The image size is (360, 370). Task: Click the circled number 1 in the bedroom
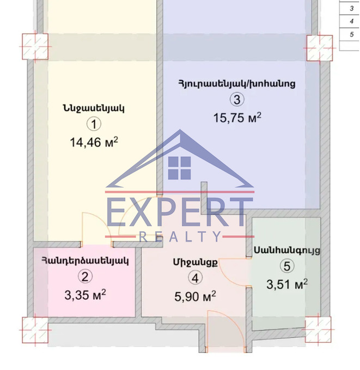[x=94, y=124]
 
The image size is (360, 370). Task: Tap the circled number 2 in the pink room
[x=85, y=276]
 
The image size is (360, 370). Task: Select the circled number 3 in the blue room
[x=237, y=100]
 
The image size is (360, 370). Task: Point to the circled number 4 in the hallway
[x=195, y=278]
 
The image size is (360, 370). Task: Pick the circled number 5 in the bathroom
[x=287, y=266]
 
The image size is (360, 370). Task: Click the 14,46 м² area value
[x=94, y=143]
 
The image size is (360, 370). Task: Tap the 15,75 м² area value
[x=237, y=118]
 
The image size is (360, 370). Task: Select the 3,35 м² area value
[x=85, y=295]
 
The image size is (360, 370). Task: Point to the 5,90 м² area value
[x=195, y=296]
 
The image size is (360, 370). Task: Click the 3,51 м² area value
[x=287, y=284]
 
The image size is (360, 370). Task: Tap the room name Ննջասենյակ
[x=94, y=108]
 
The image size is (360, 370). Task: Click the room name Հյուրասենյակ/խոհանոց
[x=237, y=84]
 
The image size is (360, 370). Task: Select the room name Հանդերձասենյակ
[x=86, y=261]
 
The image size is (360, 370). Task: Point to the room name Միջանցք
[x=196, y=262]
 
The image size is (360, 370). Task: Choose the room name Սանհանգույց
[x=287, y=251]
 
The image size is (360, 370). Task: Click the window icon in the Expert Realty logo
[x=180, y=168]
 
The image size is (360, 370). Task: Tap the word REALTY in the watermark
[x=180, y=237]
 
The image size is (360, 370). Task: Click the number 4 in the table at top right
[x=351, y=21]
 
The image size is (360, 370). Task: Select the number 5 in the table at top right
[x=351, y=34]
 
